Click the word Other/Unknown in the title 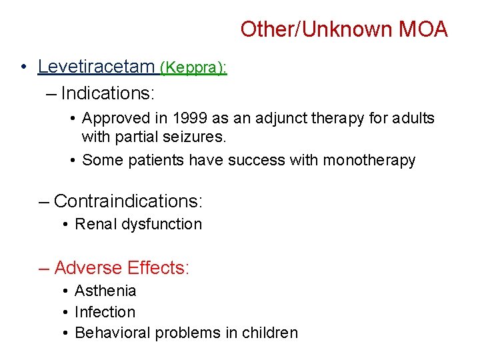(317, 29)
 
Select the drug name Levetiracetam (96, 67)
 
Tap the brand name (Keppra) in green (193, 67)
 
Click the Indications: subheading (106, 93)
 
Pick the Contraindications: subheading (128, 201)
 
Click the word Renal (96, 224)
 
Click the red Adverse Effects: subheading (122, 268)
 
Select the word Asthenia (105, 291)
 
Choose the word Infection (105, 312)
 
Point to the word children (269, 333)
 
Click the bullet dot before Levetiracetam (23, 67)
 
